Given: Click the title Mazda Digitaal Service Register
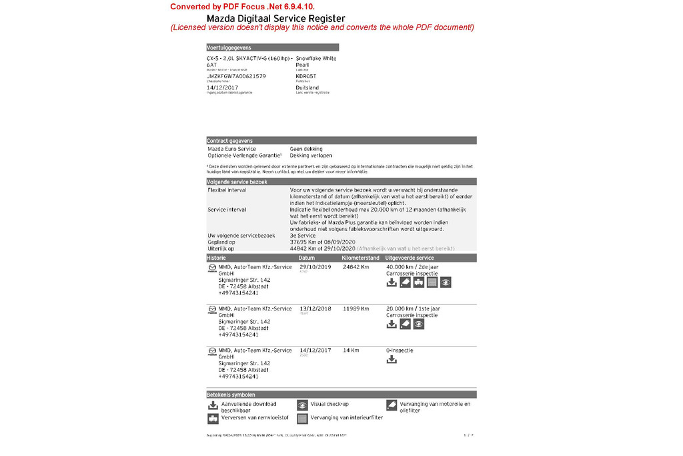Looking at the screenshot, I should [275, 18].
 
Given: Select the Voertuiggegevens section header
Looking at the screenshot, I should [229, 47].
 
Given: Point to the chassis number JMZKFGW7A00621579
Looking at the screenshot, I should [236, 77].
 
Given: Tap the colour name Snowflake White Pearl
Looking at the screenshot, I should [315, 61].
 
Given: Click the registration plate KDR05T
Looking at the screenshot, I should [306, 77].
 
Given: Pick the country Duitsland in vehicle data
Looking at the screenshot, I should [307, 87].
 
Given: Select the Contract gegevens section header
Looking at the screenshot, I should [229, 141].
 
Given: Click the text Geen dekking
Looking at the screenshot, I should [306, 149].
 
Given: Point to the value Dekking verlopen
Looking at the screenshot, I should [311, 156].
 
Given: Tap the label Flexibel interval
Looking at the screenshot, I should [227, 190].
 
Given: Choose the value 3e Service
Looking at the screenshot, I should [303, 235].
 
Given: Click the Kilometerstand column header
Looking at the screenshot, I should [360, 258].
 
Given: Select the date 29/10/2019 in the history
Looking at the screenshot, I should [315, 267].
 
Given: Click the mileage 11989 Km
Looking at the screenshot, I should [356, 309].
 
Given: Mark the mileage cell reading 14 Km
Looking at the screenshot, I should [351, 351].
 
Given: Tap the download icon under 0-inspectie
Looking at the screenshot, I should [392, 360].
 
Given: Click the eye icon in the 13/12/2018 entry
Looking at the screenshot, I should [418, 324].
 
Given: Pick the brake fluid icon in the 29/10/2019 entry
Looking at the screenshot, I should [418, 282].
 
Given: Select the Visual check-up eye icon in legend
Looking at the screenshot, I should [302, 405].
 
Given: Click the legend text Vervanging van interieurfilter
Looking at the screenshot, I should [347, 418].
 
